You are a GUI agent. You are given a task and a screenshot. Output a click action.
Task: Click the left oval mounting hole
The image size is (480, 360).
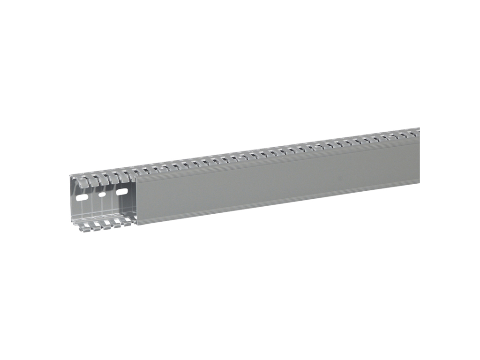82,198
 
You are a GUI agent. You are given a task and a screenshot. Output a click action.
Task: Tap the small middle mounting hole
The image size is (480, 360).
102,194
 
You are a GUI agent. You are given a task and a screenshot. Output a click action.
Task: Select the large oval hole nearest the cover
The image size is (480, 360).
121,191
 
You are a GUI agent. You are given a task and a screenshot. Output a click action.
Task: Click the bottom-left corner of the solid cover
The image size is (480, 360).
137,225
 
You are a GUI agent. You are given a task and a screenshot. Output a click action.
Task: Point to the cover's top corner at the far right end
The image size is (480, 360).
420,138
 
